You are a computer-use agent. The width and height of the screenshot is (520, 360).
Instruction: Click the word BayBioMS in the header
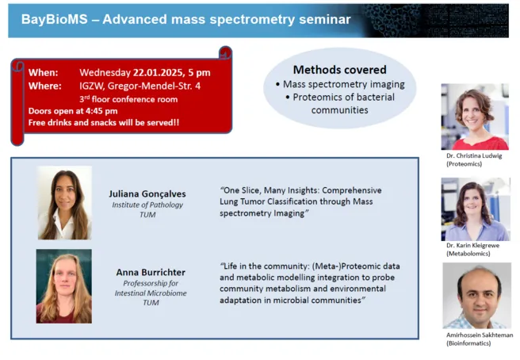click(x=55, y=19)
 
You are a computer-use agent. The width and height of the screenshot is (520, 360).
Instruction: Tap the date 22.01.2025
click(x=159, y=72)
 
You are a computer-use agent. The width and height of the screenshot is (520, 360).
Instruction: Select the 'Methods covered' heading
click(x=339, y=70)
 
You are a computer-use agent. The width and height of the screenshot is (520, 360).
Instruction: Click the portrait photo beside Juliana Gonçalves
click(x=65, y=203)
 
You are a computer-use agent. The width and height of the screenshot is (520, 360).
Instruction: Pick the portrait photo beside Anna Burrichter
click(x=64, y=286)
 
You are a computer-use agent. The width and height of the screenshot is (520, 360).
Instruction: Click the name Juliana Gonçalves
click(x=147, y=193)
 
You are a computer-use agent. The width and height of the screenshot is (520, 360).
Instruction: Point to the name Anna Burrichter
click(x=151, y=273)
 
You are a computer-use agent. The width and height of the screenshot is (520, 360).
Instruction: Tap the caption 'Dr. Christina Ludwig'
click(x=474, y=155)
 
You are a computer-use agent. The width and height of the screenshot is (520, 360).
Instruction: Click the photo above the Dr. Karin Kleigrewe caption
click(x=476, y=209)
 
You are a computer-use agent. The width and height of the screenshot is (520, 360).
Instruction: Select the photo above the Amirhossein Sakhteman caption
click(x=476, y=296)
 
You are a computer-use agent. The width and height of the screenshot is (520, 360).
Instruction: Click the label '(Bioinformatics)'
click(x=468, y=343)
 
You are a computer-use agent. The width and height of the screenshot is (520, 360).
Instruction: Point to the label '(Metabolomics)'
click(x=468, y=254)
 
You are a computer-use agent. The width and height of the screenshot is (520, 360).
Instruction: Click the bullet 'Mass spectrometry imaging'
click(x=343, y=84)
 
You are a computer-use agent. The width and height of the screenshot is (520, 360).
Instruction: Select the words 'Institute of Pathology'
click(x=147, y=205)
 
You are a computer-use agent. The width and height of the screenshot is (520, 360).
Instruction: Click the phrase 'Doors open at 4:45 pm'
click(x=73, y=111)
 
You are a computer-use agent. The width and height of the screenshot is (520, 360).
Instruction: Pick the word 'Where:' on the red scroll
click(x=44, y=86)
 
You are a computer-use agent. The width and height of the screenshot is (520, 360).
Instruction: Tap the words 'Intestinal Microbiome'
click(x=151, y=293)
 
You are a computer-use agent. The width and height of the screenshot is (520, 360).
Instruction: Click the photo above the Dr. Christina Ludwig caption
click(x=475, y=117)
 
